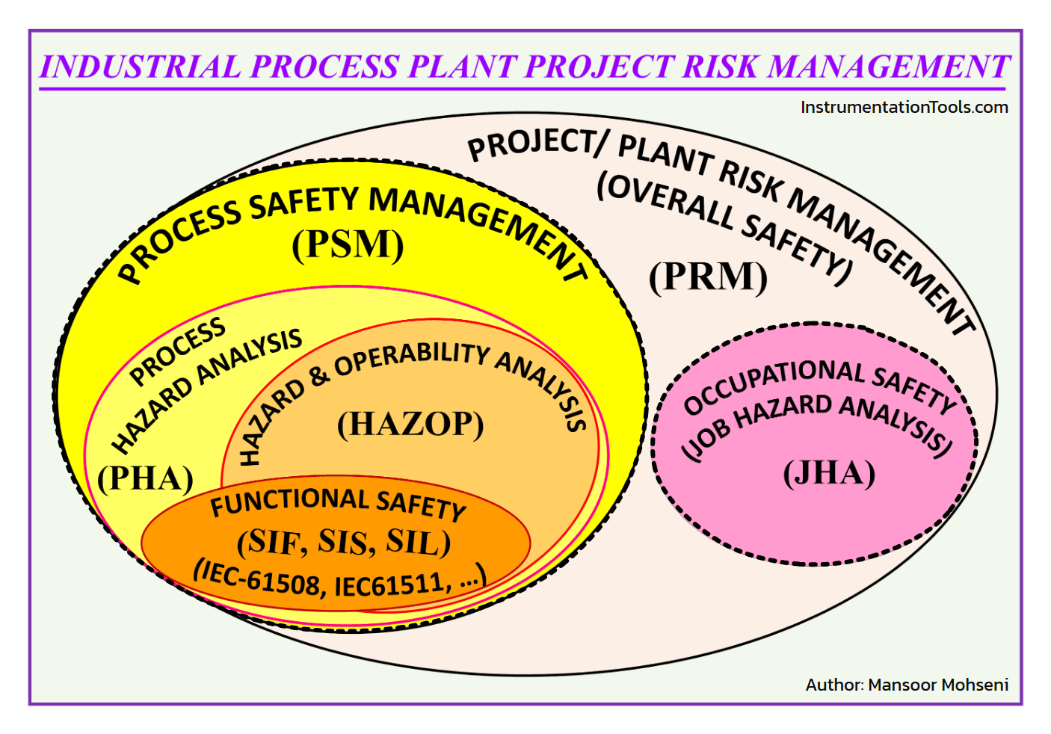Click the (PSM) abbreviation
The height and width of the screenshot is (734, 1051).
(x=348, y=244)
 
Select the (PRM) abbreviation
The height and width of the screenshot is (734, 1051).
(x=708, y=277)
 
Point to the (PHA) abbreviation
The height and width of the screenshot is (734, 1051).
(x=146, y=478)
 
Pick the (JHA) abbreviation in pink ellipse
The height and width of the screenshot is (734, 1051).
(x=829, y=473)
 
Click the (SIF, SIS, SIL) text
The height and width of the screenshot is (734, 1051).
(x=344, y=542)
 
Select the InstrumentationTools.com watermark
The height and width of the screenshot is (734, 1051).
(x=904, y=107)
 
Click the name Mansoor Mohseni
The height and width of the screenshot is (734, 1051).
(x=938, y=685)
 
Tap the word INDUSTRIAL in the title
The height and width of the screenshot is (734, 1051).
(x=140, y=67)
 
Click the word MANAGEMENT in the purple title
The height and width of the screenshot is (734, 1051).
(x=889, y=67)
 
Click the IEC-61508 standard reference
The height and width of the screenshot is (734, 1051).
(x=259, y=579)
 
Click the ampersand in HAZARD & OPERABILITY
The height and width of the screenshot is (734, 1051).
(x=319, y=375)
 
